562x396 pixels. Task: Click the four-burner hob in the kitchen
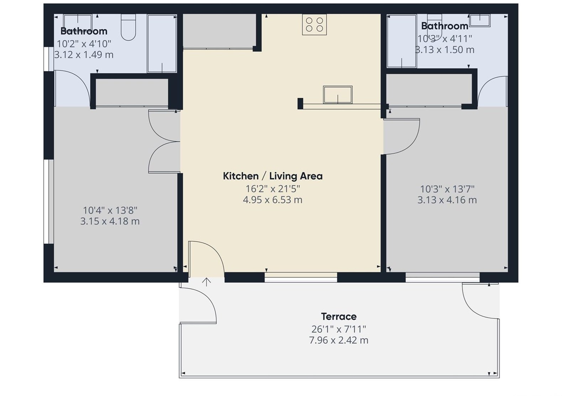point(314,25)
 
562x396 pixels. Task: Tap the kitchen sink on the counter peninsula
point(337,95)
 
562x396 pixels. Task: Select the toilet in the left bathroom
point(128,28)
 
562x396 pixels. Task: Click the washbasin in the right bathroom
point(479,20)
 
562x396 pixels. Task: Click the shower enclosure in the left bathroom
point(162,43)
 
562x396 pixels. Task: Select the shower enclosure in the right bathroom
point(401,41)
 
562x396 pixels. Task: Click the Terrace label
point(338,316)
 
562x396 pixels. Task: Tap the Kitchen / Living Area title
point(273,176)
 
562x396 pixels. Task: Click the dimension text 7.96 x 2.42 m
point(338,340)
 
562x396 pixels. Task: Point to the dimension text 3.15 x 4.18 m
point(110,221)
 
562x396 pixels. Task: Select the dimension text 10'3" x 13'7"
point(447,189)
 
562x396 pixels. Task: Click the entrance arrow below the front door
point(206,282)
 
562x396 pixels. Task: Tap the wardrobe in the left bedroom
point(132,92)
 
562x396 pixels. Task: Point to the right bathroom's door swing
point(492,91)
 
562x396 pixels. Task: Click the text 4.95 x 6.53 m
point(273,200)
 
